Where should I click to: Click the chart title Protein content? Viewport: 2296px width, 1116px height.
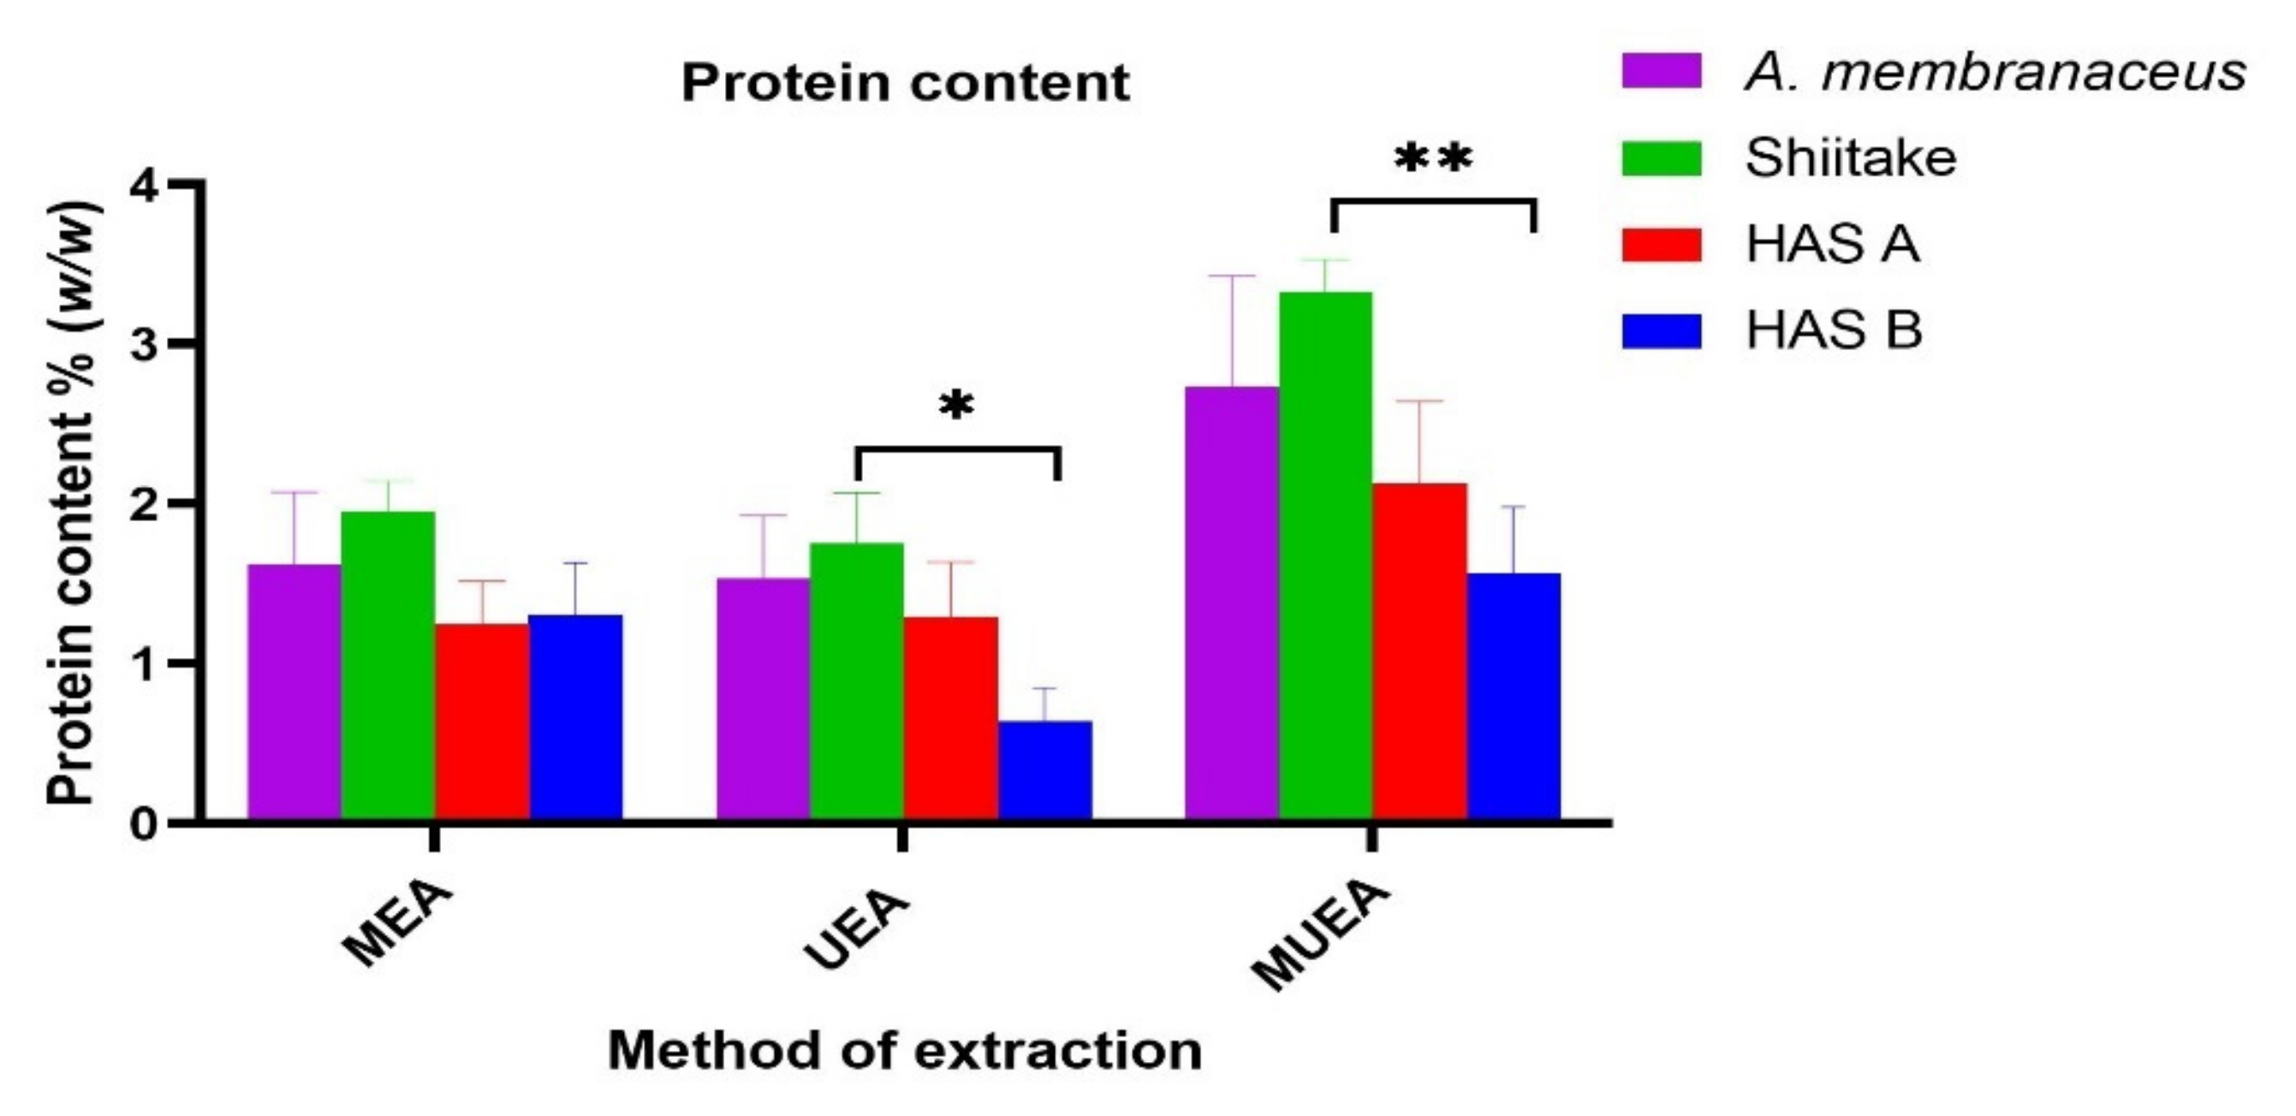tap(906, 84)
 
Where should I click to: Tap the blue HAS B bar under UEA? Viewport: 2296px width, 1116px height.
tap(1044, 770)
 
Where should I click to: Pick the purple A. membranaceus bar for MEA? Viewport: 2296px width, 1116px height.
tap(294, 692)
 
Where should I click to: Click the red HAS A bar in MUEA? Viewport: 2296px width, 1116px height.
tap(1420, 650)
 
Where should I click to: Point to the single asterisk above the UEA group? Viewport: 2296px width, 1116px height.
tap(956, 407)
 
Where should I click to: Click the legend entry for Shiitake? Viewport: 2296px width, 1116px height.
tap(1850, 157)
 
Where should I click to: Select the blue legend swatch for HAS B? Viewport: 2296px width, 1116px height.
tap(1662, 330)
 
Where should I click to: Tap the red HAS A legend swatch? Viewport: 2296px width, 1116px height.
tap(1662, 244)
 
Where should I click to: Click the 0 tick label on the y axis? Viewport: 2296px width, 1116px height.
tap(143, 822)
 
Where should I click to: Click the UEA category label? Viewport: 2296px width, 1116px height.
tap(858, 927)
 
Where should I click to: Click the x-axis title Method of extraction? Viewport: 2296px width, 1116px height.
tap(905, 1050)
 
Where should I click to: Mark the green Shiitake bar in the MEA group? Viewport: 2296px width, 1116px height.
tap(388, 665)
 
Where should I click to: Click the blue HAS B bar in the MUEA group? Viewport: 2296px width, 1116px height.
tap(1514, 695)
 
